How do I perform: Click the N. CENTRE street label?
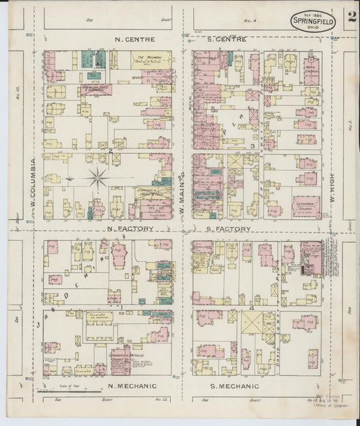[x=136, y=39]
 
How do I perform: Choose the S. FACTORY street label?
[x=229, y=230]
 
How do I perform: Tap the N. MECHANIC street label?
[x=132, y=386]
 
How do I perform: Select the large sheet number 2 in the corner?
[x=351, y=18]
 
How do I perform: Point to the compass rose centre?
[x=98, y=179]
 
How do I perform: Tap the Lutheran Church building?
[x=307, y=207]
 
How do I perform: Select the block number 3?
[x=251, y=146]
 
